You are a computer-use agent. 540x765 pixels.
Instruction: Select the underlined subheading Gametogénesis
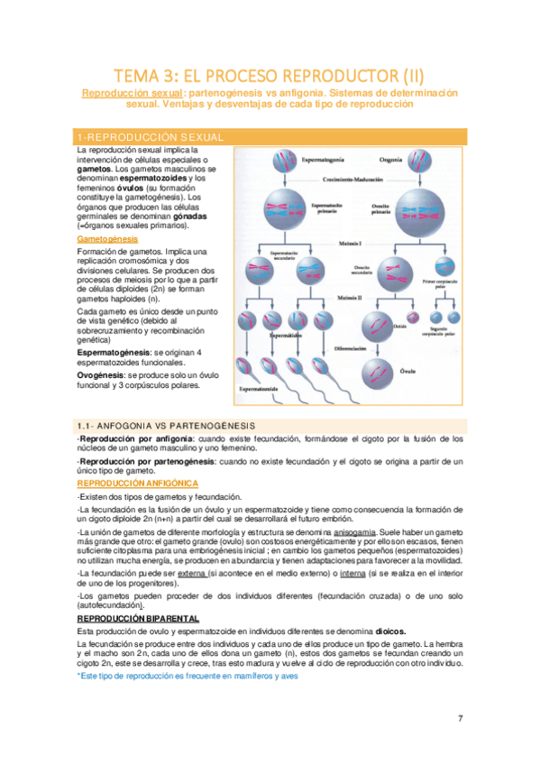[109, 240]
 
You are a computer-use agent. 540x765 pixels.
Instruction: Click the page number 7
[460, 693]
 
